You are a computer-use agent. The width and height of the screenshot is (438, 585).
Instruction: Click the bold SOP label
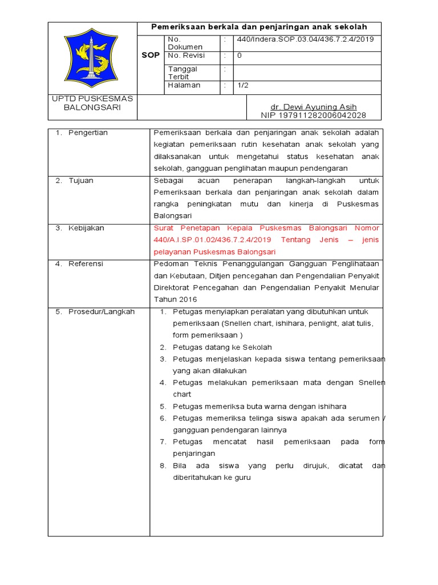[151, 55]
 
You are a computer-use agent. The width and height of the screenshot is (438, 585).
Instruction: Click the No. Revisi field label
[186, 56]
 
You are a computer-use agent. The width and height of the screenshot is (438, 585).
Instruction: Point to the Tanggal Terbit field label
[182, 73]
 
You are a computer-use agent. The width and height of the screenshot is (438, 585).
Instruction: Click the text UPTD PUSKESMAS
[92, 98]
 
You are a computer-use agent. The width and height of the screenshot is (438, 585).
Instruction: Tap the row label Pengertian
[88, 133]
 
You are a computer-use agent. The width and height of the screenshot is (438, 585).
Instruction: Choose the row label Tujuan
[81, 181]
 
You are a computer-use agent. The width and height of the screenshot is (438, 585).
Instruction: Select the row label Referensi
[86, 264]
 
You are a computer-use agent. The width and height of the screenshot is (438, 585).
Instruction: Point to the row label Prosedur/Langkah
[102, 311]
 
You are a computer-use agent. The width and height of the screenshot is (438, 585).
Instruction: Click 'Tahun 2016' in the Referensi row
[175, 299]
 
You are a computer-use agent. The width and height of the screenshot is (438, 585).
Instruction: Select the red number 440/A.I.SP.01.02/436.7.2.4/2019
[213, 240]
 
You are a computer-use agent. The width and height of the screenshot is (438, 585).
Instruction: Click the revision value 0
[240, 56]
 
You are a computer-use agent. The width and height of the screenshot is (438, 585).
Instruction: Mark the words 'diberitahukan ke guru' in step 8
[212, 478]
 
